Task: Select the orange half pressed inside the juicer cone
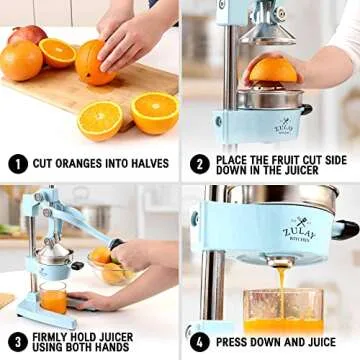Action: point(272,70)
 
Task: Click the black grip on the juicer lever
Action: point(118,244)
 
